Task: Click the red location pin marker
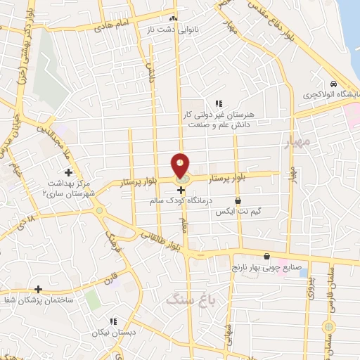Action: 181,167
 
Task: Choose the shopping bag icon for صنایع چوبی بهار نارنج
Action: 266,257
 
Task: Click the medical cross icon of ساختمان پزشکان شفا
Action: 38,289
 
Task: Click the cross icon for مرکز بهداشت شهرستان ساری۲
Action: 68,172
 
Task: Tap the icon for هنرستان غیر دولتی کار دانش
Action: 219,103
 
